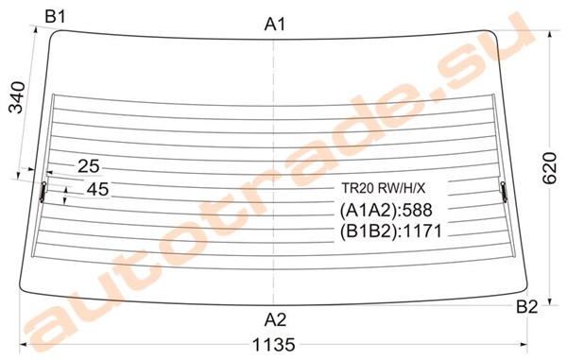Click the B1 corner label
[55, 17]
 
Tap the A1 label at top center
[275, 25]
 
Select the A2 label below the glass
[275, 320]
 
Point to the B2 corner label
[527, 307]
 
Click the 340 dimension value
[17, 97]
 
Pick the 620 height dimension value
[550, 168]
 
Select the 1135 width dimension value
[274, 345]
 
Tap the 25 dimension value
[89, 166]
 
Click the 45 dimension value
[97, 189]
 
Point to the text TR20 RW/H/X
[384, 188]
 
